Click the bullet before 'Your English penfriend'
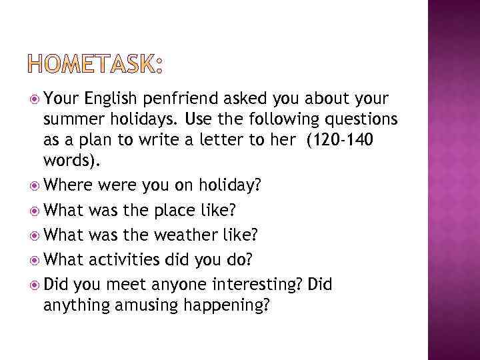pos(35,100)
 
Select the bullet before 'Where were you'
pos(35,184)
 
